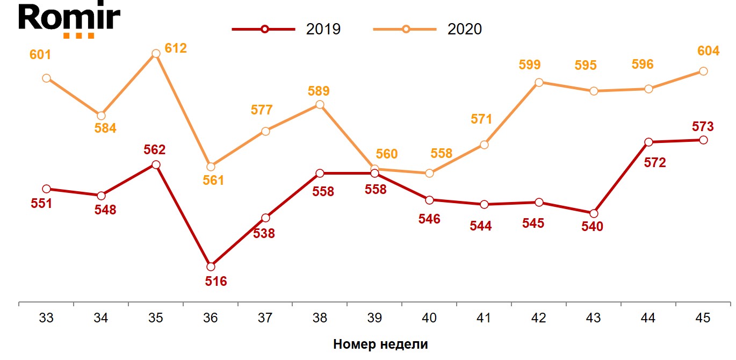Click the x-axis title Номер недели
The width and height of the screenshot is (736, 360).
[x=380, y=344]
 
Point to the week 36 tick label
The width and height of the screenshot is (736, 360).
[x=211, y=318]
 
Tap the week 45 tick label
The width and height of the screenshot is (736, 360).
[x=703, y=318]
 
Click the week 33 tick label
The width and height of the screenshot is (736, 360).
[x=46, y=318]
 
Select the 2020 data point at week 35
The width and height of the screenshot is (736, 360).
[x=156, y=54]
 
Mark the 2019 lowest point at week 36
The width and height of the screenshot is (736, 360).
[x=211, y=267]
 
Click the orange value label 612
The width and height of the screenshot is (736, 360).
[x=176, y=48]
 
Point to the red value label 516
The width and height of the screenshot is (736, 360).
[x=216, y=281]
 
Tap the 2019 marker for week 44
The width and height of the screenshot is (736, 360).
[x=648, y=142]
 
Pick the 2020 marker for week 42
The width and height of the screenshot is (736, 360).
[x=539, y=82]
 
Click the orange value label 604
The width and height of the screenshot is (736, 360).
[x=708, y=51]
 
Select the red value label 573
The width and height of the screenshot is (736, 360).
[x=703, y=127]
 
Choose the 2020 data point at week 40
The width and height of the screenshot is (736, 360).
[x=429, y=174]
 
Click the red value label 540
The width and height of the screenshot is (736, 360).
[x=592, y=227]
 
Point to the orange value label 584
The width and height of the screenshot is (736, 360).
[x=105, y=128]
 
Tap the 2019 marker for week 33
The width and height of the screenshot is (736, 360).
[x=46, y=189]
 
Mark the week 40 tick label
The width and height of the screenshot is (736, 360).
[x=429, y=318]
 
